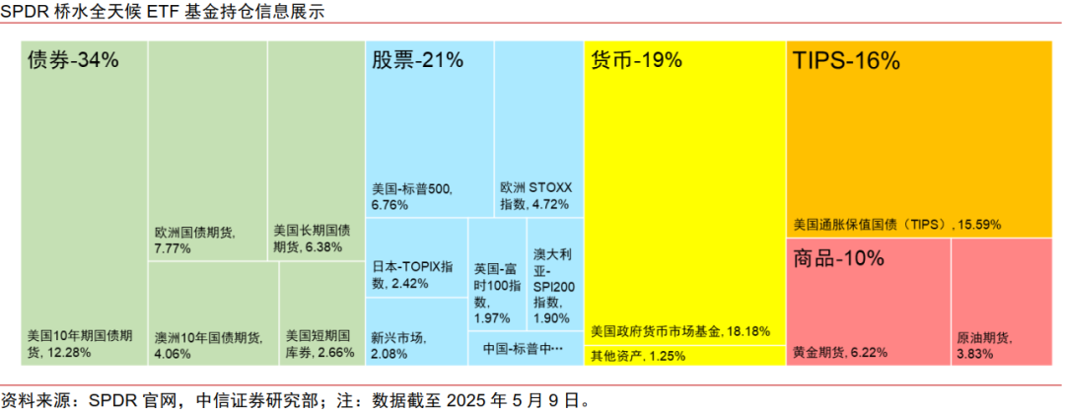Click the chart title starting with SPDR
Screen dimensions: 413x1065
coord(163,13)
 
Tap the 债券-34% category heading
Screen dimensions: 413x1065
coord(73,60)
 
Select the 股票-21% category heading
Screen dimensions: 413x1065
coord(417,60)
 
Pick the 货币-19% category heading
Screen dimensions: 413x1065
coord(636,60)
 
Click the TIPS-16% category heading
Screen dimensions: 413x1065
coord(847,60)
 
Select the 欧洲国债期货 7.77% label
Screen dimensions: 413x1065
coord(194,241)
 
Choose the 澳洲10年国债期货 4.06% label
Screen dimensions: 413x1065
coord(208,345)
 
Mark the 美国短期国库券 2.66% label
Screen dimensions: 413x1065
coord(319,343)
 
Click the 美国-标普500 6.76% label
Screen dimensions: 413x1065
coord(412,196)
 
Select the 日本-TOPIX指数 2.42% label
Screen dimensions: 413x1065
coord(413,275)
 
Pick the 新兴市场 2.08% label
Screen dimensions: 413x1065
coord(399,345)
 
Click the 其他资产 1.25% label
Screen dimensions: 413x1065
coord(638,356)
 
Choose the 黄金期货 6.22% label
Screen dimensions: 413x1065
coord(840,352)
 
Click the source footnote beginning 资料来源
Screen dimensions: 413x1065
coord(296,400)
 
